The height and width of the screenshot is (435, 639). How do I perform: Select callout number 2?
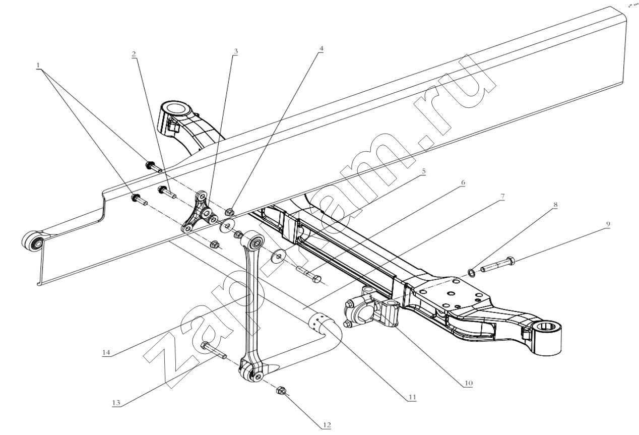pos(135,54)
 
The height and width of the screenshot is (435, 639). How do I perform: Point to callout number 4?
pos(321,49)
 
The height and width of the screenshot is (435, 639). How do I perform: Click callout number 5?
pos(423,171)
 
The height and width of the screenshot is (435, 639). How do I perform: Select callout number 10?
pos(468,384)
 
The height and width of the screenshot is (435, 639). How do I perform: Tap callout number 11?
pos(412,397)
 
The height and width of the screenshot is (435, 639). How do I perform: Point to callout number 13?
pos(117,403)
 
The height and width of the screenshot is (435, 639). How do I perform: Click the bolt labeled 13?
pos(213,350)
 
